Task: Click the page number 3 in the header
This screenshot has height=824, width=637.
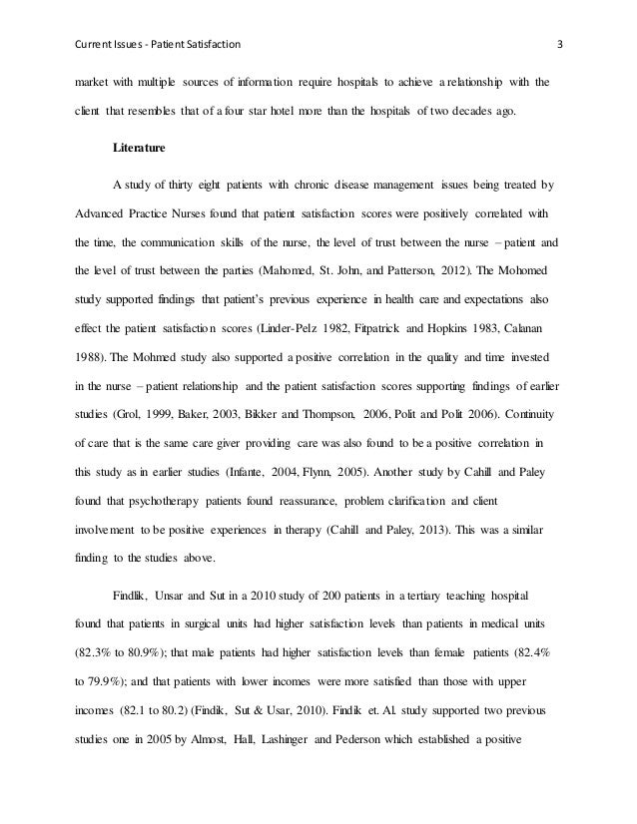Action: tap(559, 44)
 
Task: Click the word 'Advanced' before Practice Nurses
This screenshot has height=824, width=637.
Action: tap(106, 212)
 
